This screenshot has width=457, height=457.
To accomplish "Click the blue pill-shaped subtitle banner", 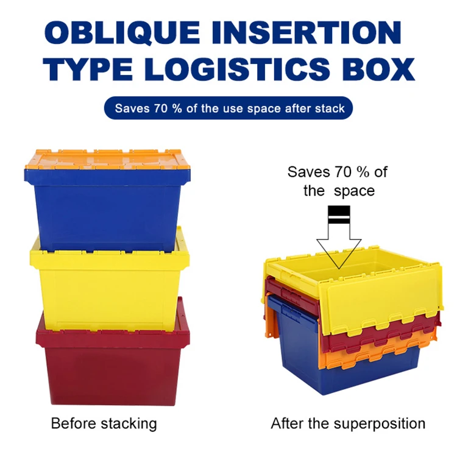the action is [x=228, y=108].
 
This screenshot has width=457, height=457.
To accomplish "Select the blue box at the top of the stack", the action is [x=104, y=207].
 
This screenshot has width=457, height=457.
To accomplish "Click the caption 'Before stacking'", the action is [x=104, y=423].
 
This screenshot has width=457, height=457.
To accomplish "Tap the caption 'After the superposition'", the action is [x=348, y=423].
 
